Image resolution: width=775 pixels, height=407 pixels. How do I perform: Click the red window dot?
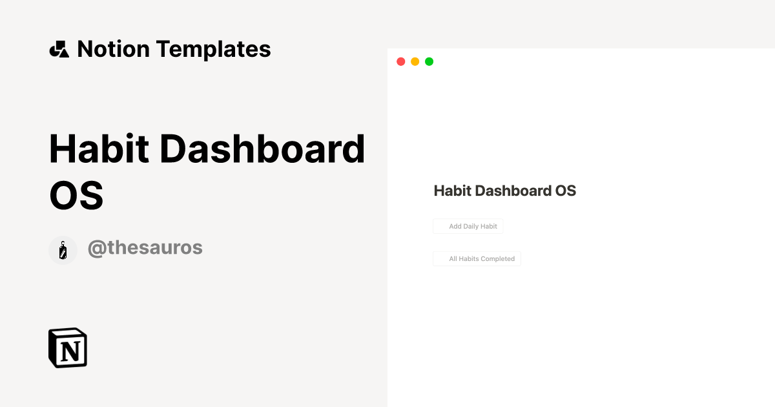click(400, 61)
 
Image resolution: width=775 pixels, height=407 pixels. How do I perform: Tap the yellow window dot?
click(415, 61)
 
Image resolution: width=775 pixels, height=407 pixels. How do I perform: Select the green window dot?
click(429, 61)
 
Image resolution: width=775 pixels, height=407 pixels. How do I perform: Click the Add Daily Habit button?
click(468, 226)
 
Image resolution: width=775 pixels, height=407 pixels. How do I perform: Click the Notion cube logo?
click(68, 348)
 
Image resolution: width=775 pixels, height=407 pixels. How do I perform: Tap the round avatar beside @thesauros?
click(63, 250)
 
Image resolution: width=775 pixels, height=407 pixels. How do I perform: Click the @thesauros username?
click(145, 247)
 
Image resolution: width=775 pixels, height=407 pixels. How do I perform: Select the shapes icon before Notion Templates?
click(59, 49)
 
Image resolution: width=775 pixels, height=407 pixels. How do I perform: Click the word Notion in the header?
click(113, 49)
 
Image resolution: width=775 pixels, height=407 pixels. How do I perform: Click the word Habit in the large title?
click(99, 149)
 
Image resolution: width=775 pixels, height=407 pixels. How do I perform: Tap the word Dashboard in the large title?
click(263, 149)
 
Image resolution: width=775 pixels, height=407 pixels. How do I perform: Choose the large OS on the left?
click(76, 194)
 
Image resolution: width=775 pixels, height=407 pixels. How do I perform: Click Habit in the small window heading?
click(452, 191)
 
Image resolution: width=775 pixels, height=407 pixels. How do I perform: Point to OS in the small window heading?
click(566, 191)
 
